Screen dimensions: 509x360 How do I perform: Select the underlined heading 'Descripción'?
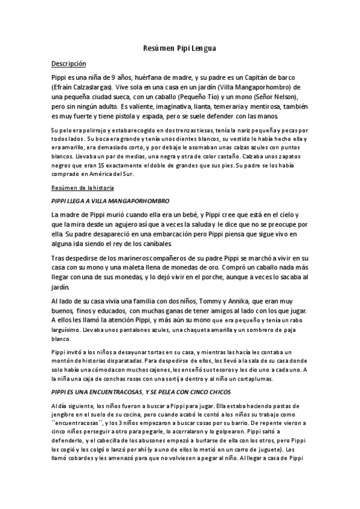[69, 64]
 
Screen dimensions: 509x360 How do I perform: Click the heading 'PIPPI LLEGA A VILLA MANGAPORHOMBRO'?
[111, 200]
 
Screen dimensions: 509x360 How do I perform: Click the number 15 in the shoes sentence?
[87, 164]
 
